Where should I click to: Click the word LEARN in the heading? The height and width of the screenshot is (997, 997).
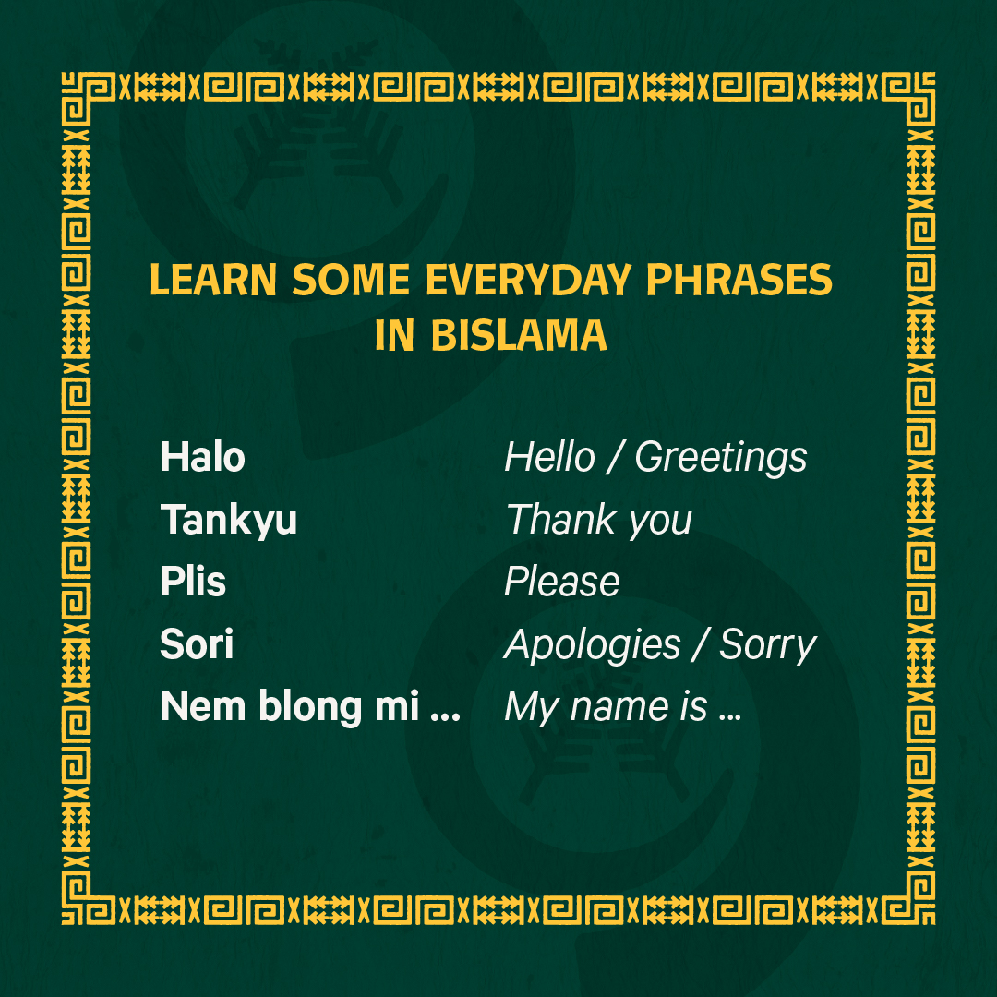tap(213, 280)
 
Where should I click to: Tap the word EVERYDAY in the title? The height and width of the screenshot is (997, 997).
tap(528, 280)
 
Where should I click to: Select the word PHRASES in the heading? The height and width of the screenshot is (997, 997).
tap(739, 280)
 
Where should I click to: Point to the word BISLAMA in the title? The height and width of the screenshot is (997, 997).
tap(519, 335)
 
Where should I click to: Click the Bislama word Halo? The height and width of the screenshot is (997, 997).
tap(203, 457)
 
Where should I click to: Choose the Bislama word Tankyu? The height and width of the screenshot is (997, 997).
tap(229, 521)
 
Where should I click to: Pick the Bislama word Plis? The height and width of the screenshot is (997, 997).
tap(193, 582)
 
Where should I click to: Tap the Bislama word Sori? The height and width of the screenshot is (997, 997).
tap(197, 643)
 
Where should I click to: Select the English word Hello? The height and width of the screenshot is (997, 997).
tap(549, 457)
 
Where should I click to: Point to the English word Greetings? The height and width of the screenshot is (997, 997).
tap(721, 459)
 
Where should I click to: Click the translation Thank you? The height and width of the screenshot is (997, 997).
tap(598, 521)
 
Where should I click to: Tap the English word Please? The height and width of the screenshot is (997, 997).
tap(561, 582)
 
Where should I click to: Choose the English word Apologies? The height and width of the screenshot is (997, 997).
tap(592, 645)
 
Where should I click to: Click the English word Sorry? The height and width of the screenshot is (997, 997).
tap(767, 645)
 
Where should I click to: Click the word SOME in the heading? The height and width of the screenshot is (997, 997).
tap(351, 280)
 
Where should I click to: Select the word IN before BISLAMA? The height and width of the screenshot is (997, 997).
tap(394, 335)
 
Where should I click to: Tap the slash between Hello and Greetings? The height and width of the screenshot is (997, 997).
tap(615, 457)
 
